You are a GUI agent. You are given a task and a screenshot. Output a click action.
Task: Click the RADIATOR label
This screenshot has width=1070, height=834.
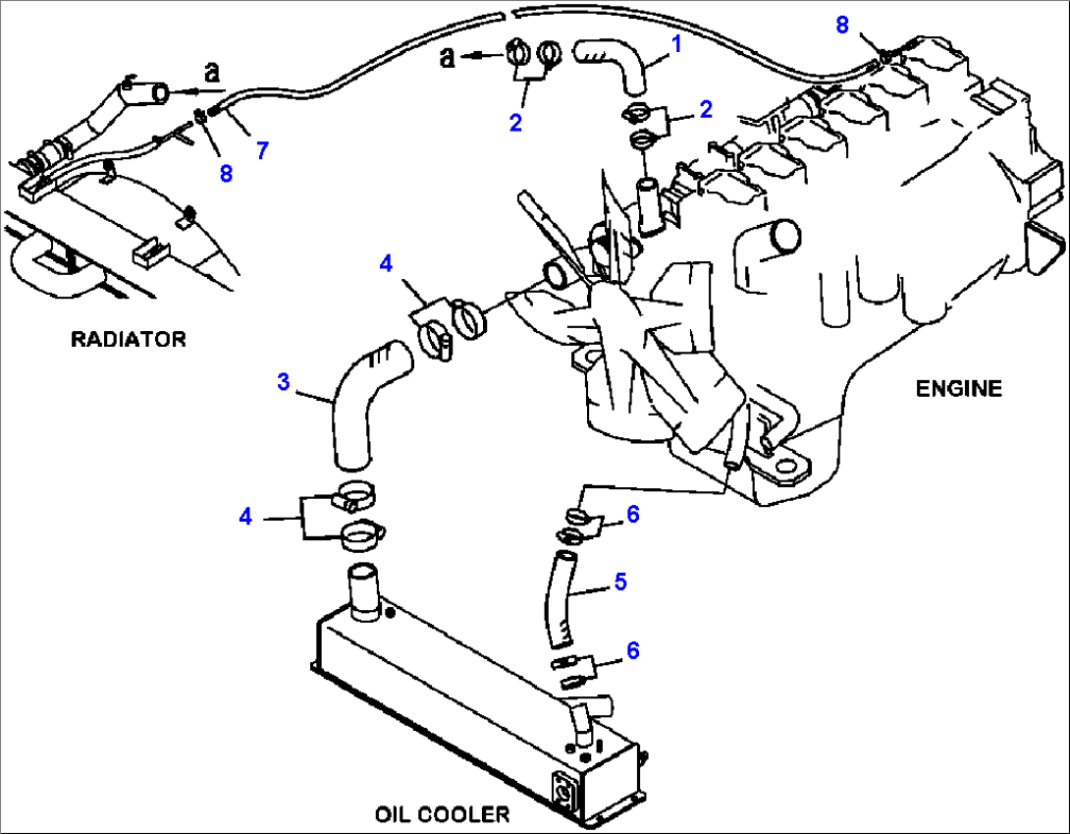tap(128, 340)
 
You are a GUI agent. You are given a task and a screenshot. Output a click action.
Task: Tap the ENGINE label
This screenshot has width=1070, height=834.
tap(959, 389)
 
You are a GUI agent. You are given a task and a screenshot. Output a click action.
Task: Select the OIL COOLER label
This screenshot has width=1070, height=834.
tap(442, 814)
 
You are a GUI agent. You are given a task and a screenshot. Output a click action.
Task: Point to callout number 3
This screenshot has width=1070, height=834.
tap(283, 382)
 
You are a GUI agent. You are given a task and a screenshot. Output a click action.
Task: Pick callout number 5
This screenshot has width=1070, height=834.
tap(619, 582)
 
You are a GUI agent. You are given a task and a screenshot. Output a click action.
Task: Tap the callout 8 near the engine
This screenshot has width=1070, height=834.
tap(842, 26)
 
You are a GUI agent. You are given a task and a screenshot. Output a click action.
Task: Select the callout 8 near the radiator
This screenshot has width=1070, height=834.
tap(226, 174)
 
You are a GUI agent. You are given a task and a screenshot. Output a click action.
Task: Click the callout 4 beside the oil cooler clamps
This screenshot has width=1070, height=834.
tap(245, 516)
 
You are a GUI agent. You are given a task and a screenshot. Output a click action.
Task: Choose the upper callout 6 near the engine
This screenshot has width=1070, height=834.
tap(633, 514)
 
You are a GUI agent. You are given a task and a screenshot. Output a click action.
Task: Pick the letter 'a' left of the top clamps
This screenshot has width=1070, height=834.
tap(448, 59)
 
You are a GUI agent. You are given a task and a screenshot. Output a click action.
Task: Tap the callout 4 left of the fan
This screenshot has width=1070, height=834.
tap(386, 263)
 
